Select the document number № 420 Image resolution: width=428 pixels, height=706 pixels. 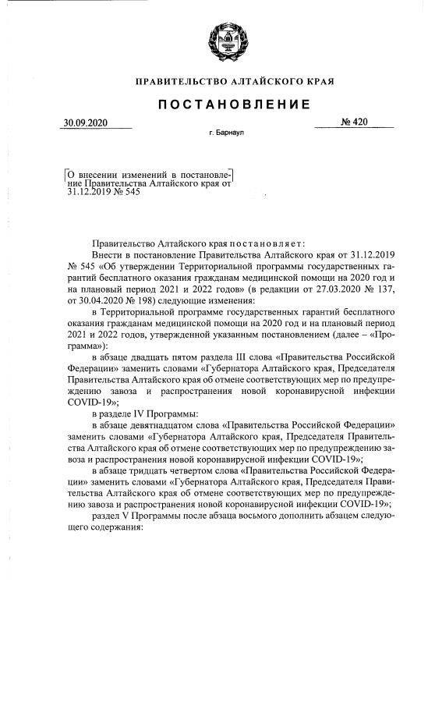[x=354, y=122]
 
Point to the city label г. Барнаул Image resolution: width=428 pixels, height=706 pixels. [x=227, y=134]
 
